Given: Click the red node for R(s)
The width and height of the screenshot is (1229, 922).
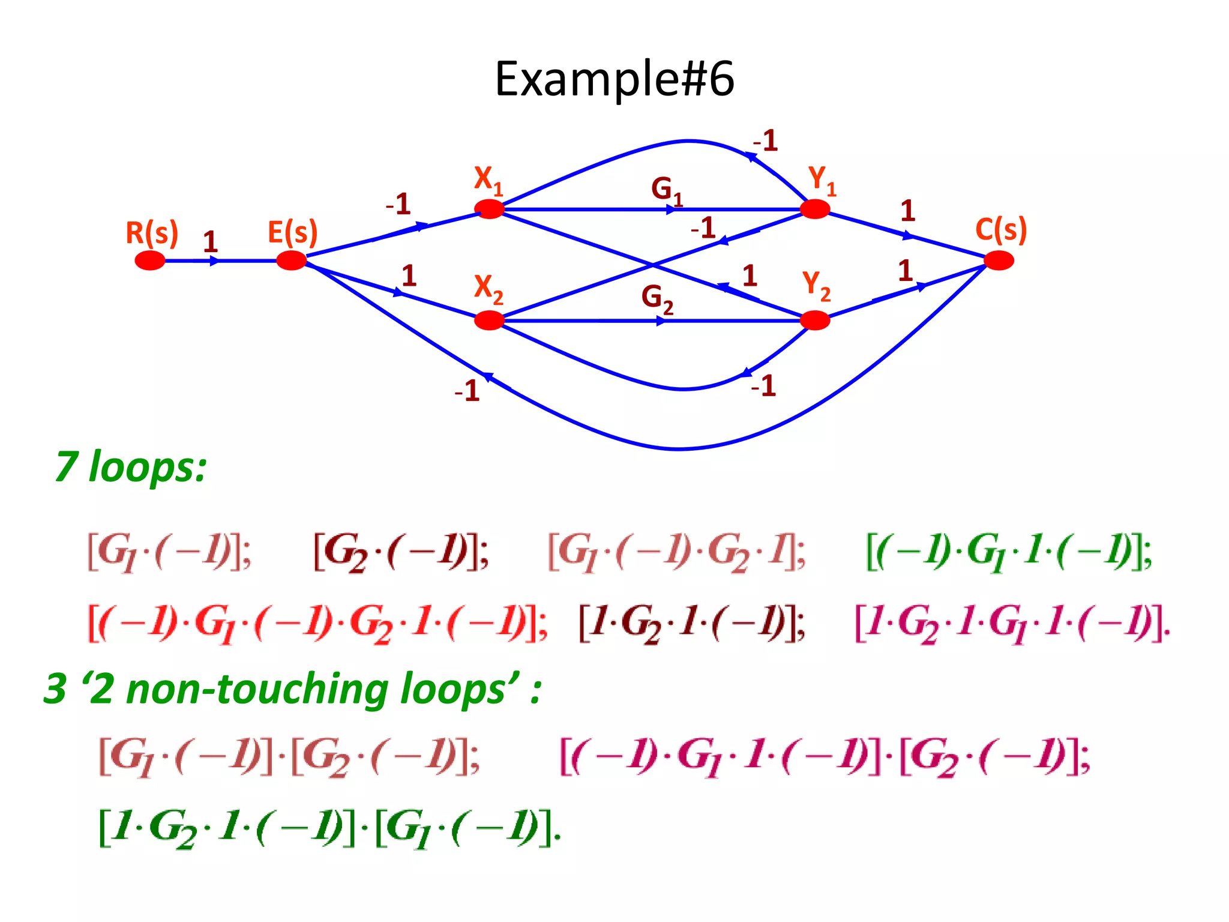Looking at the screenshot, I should pos(150,261).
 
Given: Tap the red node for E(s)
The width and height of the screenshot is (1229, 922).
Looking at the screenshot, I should pos(292,261).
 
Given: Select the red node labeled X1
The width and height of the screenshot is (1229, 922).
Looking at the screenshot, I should pos(490,209).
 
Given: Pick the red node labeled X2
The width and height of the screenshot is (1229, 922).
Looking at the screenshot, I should pos(490,321).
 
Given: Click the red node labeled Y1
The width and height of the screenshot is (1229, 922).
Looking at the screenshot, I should pos(815,209).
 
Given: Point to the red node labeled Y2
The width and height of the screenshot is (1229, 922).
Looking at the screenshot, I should pos(815,321).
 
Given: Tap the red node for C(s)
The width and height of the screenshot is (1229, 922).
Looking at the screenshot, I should pos(999,261).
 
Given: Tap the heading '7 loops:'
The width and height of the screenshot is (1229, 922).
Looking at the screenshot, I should pos(131,466).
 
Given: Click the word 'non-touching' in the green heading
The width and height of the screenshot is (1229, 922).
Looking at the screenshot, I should pos(257,688).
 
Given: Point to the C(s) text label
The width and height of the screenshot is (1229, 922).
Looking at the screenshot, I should pos(1001,229).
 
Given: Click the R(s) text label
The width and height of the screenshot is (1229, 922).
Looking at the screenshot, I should pos(152,232).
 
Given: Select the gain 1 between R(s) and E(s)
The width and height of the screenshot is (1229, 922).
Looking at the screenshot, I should pos(209,242).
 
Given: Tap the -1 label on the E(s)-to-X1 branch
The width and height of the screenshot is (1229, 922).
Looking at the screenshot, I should pos(398,204).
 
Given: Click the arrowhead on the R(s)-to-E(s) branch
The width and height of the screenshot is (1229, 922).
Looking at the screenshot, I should pos(215,261).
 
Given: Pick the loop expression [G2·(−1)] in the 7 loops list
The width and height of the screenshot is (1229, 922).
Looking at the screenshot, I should pos(401,552).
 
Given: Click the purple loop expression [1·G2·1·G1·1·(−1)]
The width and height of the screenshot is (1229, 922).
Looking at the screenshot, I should pos(1012,624).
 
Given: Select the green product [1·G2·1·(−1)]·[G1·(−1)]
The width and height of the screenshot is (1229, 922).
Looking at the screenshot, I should pos(330,828).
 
